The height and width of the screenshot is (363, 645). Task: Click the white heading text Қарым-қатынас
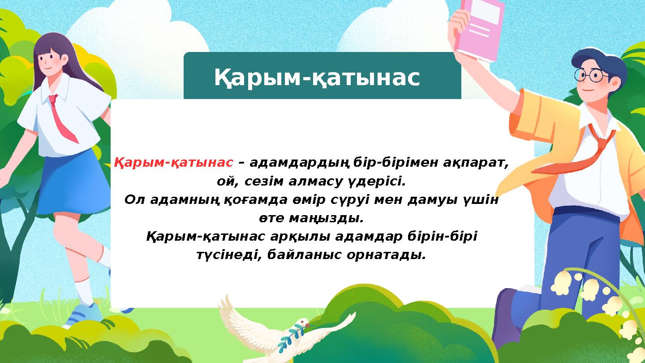point(317,78)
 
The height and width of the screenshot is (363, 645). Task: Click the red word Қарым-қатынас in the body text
point(174,162)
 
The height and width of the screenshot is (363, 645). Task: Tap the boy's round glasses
point(591,75)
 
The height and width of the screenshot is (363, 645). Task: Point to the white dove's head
point(303,323)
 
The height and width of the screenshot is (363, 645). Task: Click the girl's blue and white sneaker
point(83,314)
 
